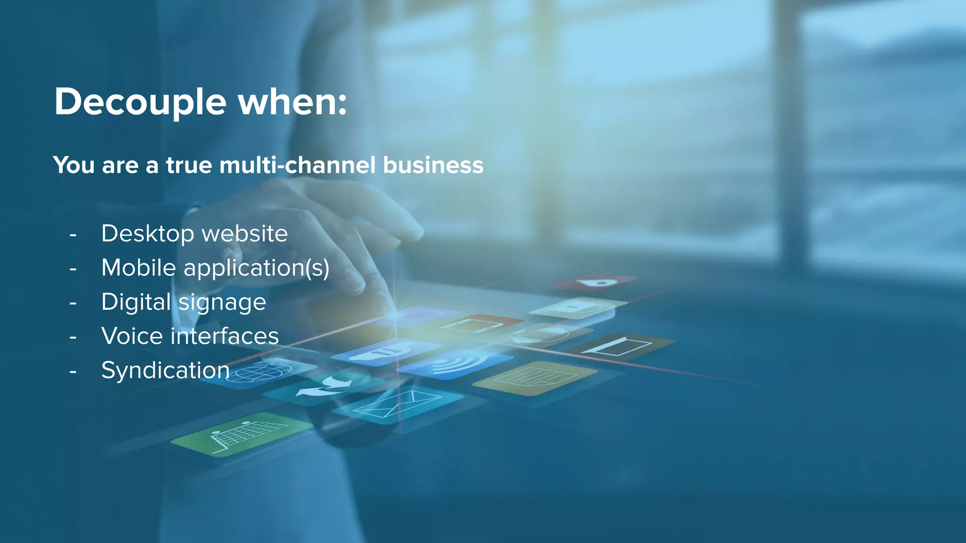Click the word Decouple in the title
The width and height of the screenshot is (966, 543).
tap(140, 102)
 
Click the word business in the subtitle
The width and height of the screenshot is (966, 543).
tap(433, 165)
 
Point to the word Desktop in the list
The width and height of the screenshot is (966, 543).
tap(148, 234)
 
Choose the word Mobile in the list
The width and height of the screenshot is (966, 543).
tap(139, 268)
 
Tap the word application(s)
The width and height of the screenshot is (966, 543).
tap(256, 268)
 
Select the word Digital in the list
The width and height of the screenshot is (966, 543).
tap(136, 302)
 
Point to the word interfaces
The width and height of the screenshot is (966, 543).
tap(225, 336)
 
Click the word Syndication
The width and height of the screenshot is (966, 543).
tap(165, 370)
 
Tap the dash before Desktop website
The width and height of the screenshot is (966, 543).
tap(73, 234)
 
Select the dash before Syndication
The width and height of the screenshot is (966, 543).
tap(73, 371)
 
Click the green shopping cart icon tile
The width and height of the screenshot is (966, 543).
tap(241, 434)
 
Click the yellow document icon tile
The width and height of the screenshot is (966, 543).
tap(534, 378)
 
